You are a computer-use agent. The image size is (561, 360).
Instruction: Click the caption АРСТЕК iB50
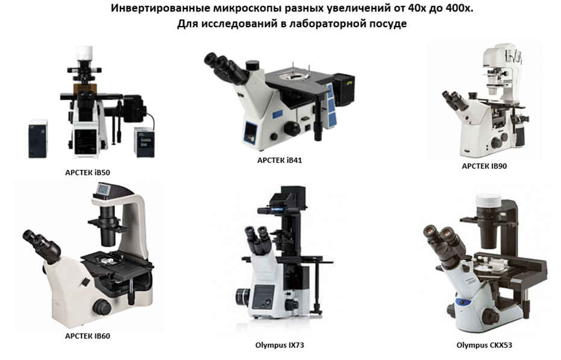point(87,172)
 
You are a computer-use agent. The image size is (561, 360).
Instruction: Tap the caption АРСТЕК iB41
point(280,160)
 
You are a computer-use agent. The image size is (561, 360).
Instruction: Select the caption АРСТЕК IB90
point(484,166)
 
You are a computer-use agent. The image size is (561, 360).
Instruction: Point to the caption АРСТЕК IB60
point(87,336)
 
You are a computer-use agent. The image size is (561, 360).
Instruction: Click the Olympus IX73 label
point(280,346)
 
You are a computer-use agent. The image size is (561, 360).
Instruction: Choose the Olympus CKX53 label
point(484,346)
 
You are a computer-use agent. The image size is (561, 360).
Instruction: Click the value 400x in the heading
point(460,8)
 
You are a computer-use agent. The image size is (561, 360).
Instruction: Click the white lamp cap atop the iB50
point(84,52)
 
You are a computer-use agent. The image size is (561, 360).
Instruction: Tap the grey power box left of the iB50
point(38,139)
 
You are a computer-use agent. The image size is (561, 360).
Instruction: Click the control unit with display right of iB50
point(145,142)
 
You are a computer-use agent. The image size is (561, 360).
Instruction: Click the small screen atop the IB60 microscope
point(104,189)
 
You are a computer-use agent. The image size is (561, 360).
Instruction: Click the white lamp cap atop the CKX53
point(487,201)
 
